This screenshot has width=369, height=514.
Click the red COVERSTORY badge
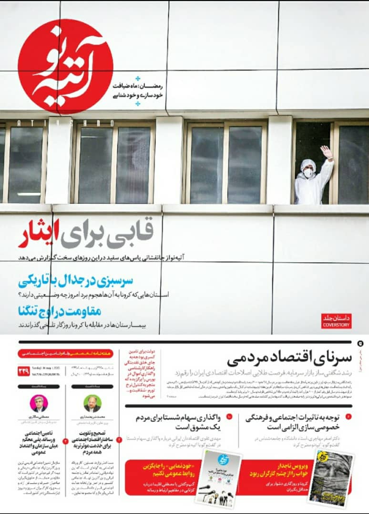click(x=336, y=321)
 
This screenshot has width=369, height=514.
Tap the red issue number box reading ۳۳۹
click(x=24, y=371)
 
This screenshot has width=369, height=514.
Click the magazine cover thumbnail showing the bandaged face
click(x=331, y=478)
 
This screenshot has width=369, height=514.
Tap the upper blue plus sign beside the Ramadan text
click(x=138, y=78)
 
